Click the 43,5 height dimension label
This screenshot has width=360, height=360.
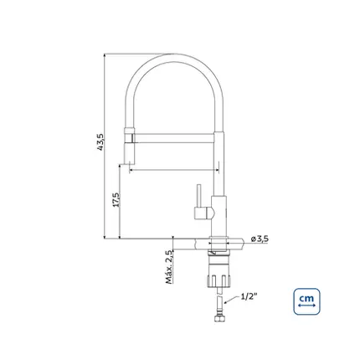[100, 142]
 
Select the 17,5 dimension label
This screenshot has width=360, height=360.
[116, 199]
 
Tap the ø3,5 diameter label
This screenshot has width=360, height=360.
[260, 239]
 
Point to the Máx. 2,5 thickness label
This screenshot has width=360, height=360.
[169, 267]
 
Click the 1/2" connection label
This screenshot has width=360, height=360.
[249, 296]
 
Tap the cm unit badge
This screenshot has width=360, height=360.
[306, 301]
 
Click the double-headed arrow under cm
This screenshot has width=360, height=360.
[306, 306]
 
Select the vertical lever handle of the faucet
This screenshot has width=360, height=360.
[199, 196]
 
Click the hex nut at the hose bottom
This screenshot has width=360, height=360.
[219, 318]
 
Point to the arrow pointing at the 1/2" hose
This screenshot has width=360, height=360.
[231, 300]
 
